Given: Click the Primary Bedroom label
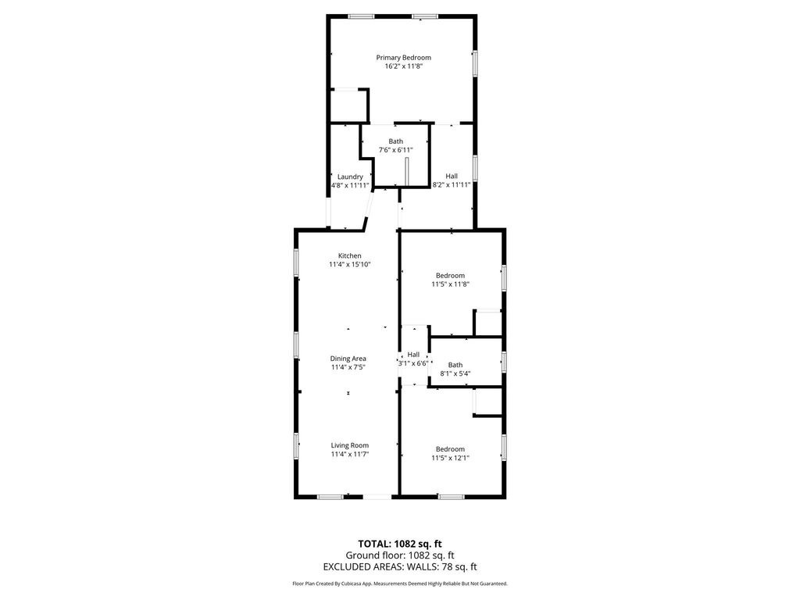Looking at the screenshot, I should (403, 57).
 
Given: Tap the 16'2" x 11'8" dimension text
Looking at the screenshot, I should (403, 66).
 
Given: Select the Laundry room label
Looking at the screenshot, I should (349, 177).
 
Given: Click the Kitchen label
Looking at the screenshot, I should (349, 255).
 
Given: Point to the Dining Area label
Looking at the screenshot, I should (348, 359).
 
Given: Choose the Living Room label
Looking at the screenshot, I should (349, 445).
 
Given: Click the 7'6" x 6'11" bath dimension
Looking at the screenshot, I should (395, 150).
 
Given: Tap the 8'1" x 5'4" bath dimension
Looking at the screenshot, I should (455, 373).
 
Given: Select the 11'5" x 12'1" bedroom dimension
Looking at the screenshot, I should (450, 458).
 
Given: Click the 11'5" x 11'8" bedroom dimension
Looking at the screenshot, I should (450, 284).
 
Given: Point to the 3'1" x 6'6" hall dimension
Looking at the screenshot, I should (412, 363).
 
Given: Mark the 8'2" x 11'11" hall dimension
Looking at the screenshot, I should (451, 185).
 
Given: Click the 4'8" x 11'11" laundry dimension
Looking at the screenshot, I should (349, 186).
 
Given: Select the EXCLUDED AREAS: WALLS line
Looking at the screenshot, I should (400, 566).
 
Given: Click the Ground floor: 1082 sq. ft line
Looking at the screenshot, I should (400, 555).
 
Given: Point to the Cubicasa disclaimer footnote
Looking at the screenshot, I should (400, 584).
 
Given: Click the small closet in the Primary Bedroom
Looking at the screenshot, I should (347, 105).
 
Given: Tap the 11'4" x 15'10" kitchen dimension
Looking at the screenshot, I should (349, 265).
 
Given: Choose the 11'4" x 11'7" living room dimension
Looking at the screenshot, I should (349, 454).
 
